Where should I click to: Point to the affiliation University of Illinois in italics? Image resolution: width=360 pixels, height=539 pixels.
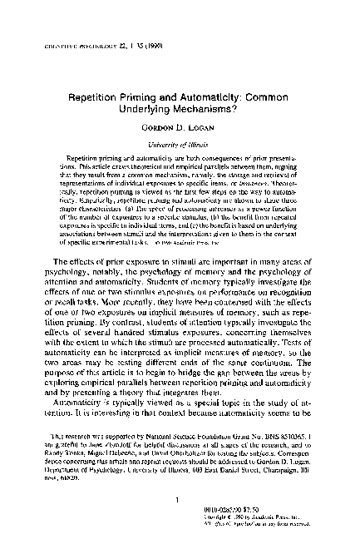pyautogui.click(x=180, y=145)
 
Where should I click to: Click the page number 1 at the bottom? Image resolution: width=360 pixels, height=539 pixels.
pyautogui.click(x=180, y=477)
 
